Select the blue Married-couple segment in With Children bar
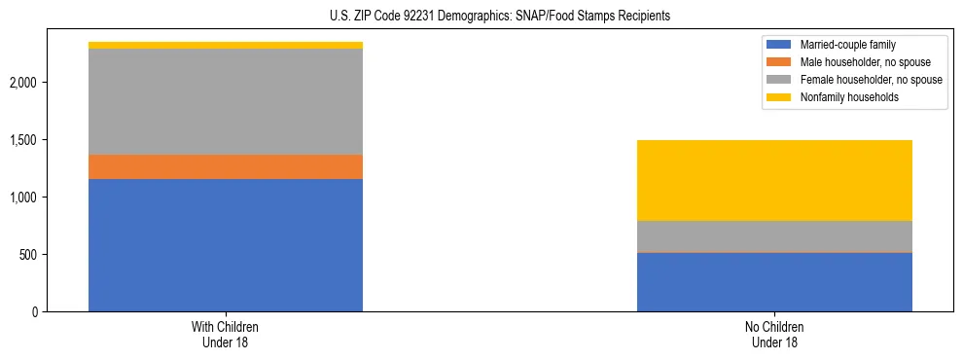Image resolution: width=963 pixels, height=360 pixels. tap(226, 245)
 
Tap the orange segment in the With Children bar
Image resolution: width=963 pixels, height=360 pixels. tap(226, 166)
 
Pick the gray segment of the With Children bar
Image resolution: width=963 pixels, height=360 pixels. tap(226, 101)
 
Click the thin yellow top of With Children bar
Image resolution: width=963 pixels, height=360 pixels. tap(226, 45)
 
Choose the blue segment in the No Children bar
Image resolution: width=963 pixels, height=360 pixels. tap(774, 282)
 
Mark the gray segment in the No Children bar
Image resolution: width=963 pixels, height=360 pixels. tap(774, 236)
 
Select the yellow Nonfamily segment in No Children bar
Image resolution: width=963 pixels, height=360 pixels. tap(774, 180)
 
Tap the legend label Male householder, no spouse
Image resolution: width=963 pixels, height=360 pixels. tap(865, 62)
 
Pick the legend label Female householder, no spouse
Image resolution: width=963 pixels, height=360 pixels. tap(871, 80)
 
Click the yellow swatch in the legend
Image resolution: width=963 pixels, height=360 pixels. tap(779, 97)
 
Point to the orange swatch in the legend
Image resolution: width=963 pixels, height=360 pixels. tap(779, 62)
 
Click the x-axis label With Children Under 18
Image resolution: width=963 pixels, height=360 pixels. tap(226, 334)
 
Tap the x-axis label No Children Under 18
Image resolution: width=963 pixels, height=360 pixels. tap(774, 334)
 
